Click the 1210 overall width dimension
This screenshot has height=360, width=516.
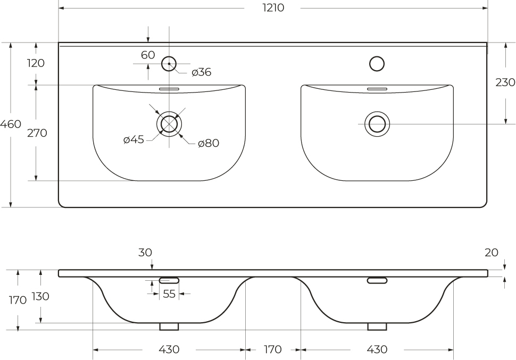coord(273,7)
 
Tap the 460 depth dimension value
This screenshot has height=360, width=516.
coord(11,124)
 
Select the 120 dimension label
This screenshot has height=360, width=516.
coord(36,63)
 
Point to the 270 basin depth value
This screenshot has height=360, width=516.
coord(37,133)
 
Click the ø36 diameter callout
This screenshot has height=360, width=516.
coord(202,72)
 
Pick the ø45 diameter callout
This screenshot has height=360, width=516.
coord(134,139)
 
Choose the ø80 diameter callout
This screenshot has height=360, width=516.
coord(209,143)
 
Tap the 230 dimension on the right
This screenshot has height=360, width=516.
coord(505,82)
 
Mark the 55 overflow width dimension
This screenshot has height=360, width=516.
coord(169,294)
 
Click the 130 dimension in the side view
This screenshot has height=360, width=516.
coord(40,296)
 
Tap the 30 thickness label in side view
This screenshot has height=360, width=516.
coord(145,253)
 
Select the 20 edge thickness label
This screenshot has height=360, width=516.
coord(492,253)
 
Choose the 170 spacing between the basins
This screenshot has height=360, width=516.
coord(273,349)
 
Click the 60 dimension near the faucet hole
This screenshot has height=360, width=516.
coord(148,55)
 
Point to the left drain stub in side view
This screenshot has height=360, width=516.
coord(169,326)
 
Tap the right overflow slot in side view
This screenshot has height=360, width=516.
coord(377,280)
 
